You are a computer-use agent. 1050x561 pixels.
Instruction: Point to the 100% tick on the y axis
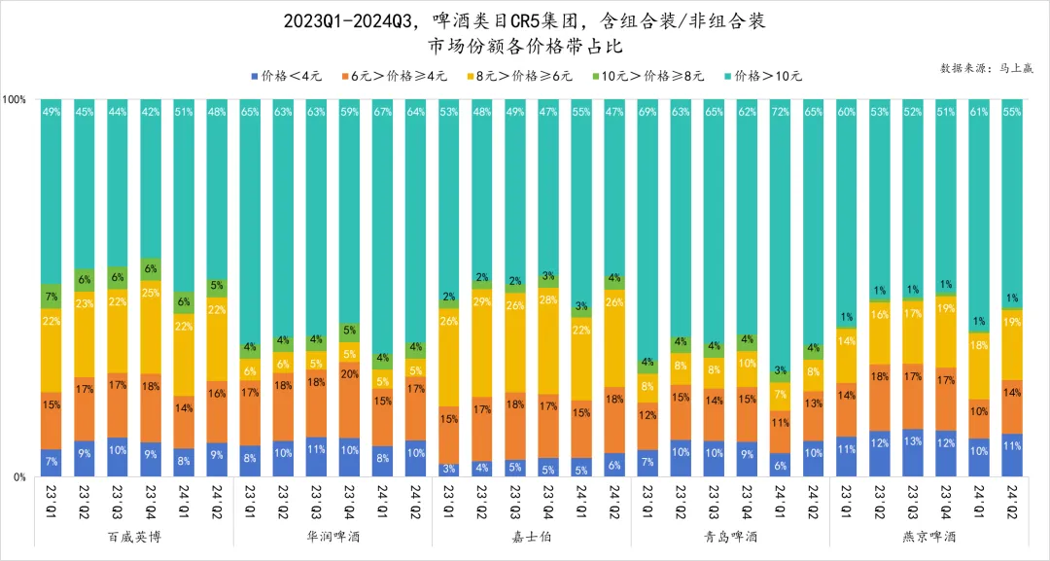(15, 99)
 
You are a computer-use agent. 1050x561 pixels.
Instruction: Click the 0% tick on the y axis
(18, 476)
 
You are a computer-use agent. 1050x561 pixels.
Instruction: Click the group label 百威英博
(133, 536)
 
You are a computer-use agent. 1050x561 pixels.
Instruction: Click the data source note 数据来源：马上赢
(987, 68)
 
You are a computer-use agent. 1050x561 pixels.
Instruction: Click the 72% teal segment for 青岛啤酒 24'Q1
(780, 233)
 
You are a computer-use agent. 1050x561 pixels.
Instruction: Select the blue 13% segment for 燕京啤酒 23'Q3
(912, 453)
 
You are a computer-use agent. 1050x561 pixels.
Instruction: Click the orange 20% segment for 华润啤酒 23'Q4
(349, 401)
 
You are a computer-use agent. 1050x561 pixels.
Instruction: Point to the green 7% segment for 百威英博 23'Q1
(52, 297)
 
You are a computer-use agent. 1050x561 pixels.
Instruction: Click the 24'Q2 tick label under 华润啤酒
(416, 501)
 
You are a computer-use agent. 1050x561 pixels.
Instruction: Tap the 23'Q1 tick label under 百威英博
(52, 501)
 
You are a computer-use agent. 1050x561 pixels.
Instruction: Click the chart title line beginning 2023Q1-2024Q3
(525, 20)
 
